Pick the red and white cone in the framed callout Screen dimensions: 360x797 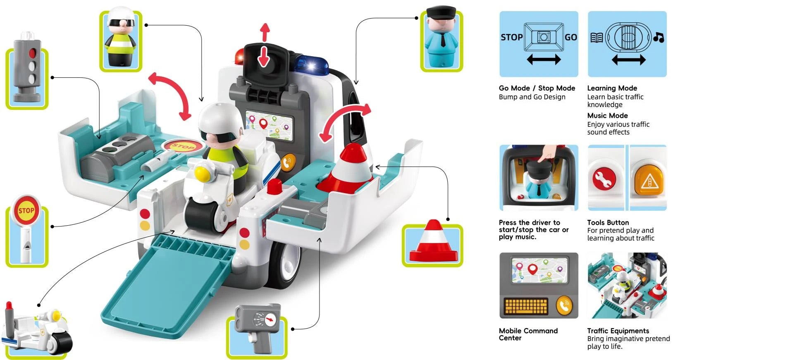pos(433,243)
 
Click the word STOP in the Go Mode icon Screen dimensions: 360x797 pos(511,38)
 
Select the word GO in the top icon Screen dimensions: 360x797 pos(570,38)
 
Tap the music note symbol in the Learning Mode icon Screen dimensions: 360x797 pos(659,38)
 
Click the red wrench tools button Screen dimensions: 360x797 pos(604,179)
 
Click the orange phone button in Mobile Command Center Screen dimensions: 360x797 pos(564,305)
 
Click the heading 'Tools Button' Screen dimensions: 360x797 pos(608,222)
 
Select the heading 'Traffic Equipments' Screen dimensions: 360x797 pos(618,331)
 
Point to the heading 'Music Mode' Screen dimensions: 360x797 pos(607,116)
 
